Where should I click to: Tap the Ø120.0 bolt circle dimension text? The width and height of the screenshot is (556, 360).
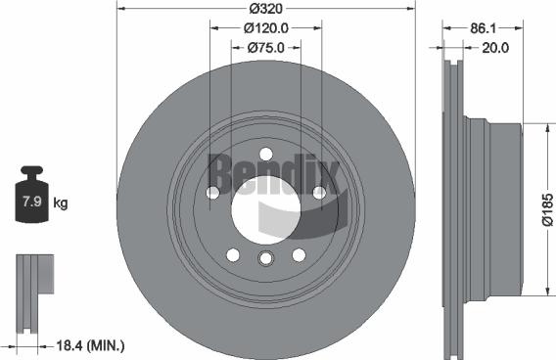click(x=266, y=28)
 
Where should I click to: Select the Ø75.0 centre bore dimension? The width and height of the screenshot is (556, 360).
click(x=266, y=47)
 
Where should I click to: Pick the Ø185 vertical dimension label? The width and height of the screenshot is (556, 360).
click(x=546, y=209)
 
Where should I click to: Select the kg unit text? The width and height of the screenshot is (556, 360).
click(x=61, y=203)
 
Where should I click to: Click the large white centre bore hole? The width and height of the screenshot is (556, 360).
click(x=265, y=204)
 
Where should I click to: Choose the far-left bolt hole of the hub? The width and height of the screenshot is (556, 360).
click(x=212, y=193)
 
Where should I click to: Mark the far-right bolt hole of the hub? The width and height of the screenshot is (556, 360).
click(x=319, y=193)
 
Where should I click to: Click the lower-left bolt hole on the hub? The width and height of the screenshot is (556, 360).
click(x=233, y=254)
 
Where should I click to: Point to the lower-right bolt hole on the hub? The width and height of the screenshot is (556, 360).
click(x=299, y=254)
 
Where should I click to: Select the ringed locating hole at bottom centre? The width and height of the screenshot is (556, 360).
click(x=265, y=258)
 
